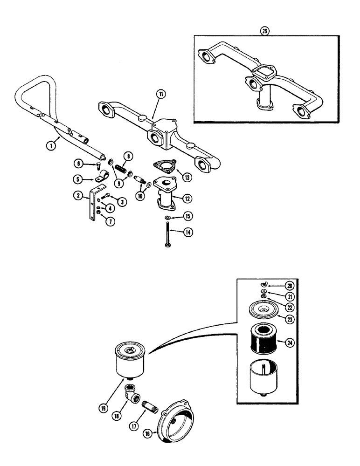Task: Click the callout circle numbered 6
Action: click(x=78, y=163)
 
